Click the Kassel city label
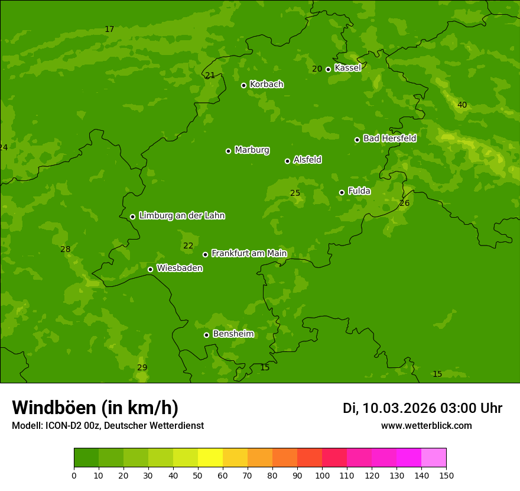(x=347, y=68)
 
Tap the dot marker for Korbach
(x=243, y=85)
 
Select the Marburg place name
(x=252, y=150)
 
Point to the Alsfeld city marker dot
(x=287, y=161)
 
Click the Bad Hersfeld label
(x=389, y=138)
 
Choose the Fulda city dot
(x=342, y=192)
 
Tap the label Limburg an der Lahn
(x=181, y=216)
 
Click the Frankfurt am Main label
(x=249, y=254)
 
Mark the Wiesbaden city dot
(x=150, y=269)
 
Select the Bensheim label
(x=233, y=334)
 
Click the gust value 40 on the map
(x=462, y=105)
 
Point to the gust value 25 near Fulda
(x=295, y=193)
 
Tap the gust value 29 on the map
(x=142, y=368)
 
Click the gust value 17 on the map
(x=109, y=30)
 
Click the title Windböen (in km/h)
(x=95, y=408)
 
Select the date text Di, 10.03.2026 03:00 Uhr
(x=422, y=408)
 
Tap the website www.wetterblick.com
(x=426, y=426)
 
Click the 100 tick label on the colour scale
(x=322, y=475)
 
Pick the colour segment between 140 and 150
(x=434, y=458)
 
